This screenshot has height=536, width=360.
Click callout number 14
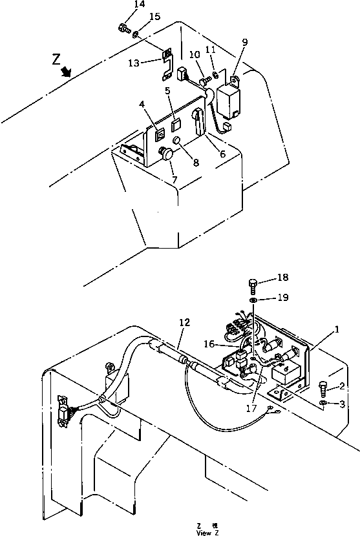point(140,5)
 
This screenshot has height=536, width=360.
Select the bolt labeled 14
point(123,28)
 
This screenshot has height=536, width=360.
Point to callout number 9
point(245,42)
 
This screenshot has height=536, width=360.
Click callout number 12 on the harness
point(185,322)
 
